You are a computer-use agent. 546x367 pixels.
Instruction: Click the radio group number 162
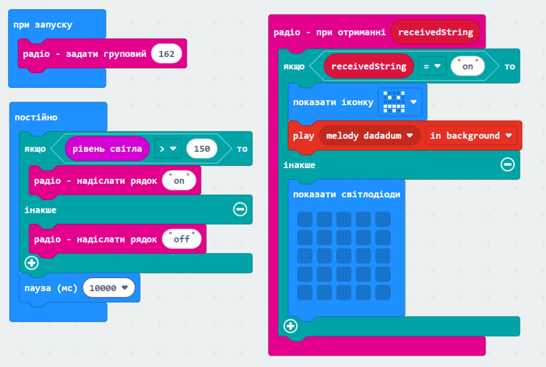[x=167, y=54]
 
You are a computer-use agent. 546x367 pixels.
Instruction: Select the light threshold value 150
[x=202, y=149]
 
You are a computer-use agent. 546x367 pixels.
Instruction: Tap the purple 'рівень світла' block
[x=107, y=149]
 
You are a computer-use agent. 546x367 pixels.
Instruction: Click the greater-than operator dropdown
[x=168, y=149]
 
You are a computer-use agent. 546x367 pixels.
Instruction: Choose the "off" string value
[x=182, y=239]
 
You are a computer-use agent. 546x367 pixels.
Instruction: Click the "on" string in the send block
[x=179, y=180]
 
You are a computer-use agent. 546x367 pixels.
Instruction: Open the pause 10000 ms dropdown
[x=109, y=288]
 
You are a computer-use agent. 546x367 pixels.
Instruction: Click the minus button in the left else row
[x=240, y=209]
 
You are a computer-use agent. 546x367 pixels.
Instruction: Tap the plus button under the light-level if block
[x=31, y=263]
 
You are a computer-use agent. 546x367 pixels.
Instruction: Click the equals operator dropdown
[x=432, y=66]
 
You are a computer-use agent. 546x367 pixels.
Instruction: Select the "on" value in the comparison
[x=468, y=66]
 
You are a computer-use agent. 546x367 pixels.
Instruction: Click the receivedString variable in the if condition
[x=369, y=66]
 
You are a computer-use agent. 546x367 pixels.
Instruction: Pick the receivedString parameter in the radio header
[x=436, y=32]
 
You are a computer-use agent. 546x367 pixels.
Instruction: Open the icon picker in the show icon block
[x=400, y=102]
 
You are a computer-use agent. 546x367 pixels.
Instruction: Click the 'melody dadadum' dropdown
[x=369, y=136]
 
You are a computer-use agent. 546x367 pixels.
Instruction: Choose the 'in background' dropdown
[x=471, y=136]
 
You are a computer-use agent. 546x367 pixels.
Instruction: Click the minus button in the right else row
[x=507, y=165]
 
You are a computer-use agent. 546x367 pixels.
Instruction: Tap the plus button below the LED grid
[x=290, y=326]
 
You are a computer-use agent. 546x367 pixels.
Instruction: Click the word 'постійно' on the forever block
[x=36, y=117]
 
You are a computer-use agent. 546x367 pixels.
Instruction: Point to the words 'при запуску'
[x=43, y=25]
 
